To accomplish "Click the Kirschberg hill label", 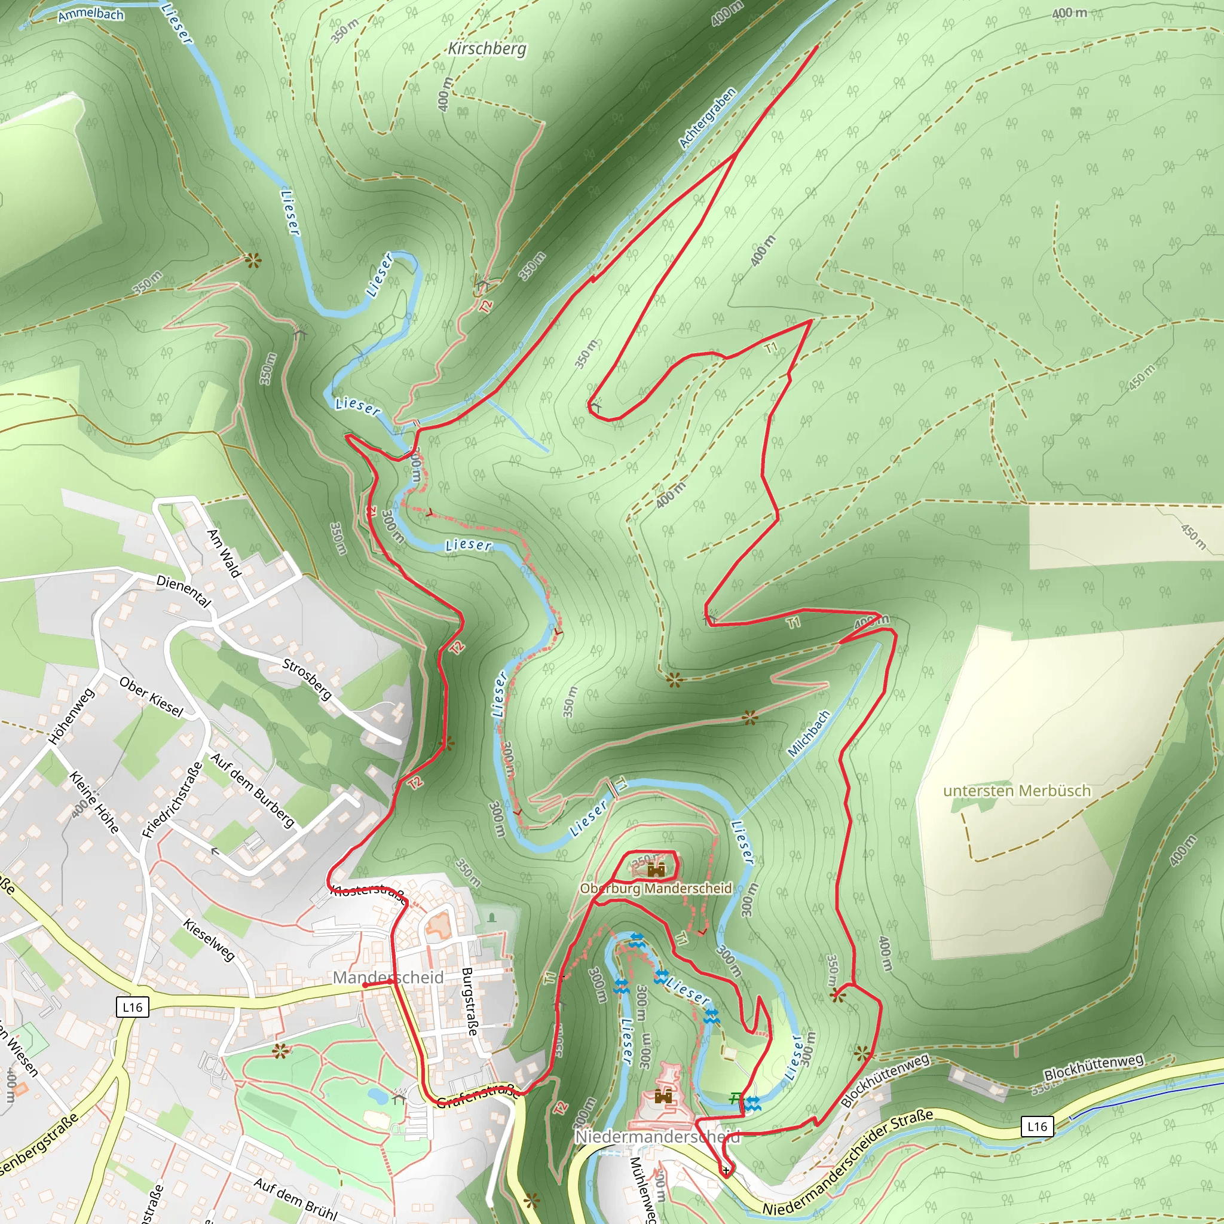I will pos(486,49).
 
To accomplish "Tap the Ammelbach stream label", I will pos(91,14).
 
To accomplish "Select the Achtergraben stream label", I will pos(707,118).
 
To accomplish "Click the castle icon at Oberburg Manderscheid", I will pos(656,870).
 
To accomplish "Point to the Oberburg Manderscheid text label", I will pos(656,888).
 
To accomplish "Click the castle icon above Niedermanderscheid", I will pos(663,1096).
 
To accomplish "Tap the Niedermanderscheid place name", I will pos(656,1137).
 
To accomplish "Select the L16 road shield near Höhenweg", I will pos(133,1006).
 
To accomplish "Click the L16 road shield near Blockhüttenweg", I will pos(1037,1127).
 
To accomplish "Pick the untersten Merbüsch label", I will pos(1017,791).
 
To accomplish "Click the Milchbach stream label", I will pos(809,734).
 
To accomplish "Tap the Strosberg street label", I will pos(307,679).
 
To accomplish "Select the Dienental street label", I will pos(183,590).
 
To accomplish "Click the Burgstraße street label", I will pos(469,1001).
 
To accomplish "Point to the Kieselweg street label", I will pos(209,940).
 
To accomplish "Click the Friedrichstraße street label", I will pos(172,800).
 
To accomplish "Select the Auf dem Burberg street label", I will pos(252,790).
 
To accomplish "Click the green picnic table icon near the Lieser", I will pos(735,1098).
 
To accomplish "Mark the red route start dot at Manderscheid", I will pos(365,985).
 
